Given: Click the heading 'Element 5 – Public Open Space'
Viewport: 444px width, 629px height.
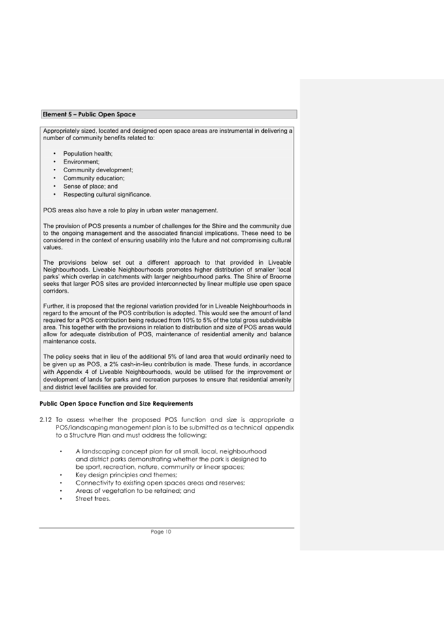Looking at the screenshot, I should pos(89,114).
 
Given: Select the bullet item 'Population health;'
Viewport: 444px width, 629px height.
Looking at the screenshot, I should pos(88,154).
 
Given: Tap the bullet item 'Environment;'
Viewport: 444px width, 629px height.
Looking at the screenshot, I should pos(81,162).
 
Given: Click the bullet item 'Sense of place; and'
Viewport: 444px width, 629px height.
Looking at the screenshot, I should pos(90,187).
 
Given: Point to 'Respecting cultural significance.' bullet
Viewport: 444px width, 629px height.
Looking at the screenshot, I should pos(107,195).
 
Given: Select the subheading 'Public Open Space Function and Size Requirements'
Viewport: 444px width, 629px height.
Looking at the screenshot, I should pos(116,404).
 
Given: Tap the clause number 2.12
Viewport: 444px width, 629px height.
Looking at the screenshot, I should pos(46,419).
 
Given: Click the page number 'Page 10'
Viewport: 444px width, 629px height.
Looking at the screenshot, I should pos(161,532).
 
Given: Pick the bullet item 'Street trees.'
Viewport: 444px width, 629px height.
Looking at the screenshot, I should pos(92,499).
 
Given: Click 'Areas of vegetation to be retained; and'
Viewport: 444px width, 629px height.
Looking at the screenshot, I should pos(135,491).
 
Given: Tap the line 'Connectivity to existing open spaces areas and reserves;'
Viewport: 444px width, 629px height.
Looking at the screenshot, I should pos(160,483).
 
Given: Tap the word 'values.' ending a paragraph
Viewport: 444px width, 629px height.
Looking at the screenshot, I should pos(53,248).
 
